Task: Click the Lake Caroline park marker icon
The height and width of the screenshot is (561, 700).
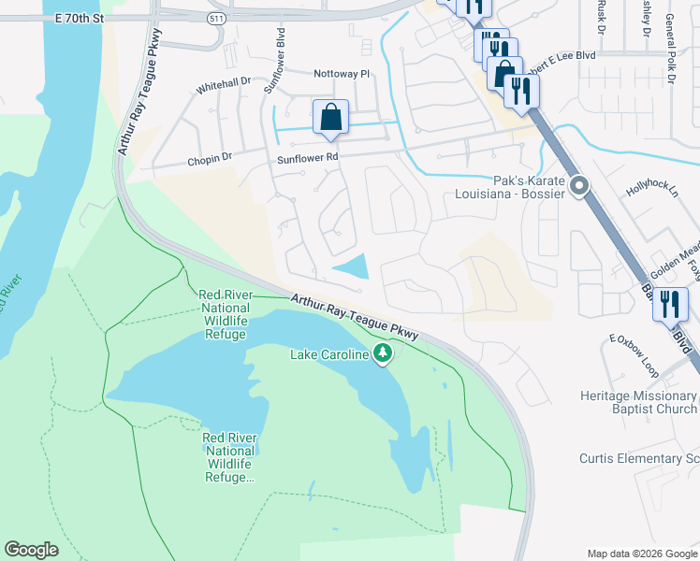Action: [382, 352]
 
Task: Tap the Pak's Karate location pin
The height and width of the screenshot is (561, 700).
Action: [579, 187]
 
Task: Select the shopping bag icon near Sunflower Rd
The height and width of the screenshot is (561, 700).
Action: [330, 118]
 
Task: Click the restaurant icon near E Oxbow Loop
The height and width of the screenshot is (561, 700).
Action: [670, 305]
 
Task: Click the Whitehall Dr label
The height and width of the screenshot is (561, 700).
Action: [224, 86]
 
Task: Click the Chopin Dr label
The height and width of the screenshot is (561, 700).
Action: [209, 159]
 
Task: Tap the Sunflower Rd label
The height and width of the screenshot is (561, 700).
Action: [307, 159]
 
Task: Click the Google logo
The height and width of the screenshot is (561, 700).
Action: [31, 550]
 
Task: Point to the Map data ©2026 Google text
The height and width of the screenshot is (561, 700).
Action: [641, 554]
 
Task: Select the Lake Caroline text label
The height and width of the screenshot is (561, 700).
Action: [329, 353]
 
